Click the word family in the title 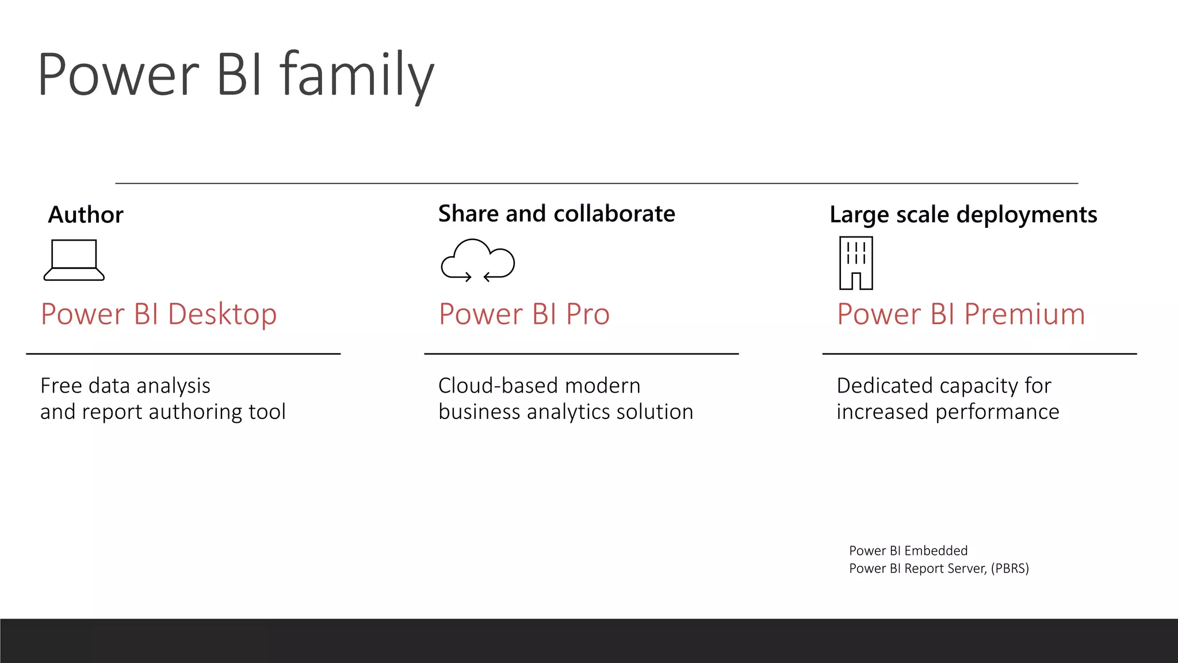357,75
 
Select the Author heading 86,215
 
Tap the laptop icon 74,260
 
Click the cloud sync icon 477,260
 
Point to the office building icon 856,263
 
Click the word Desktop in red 222,315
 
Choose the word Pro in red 587,315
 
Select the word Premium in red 1024,315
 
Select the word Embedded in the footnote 936,551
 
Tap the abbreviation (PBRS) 1009,569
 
